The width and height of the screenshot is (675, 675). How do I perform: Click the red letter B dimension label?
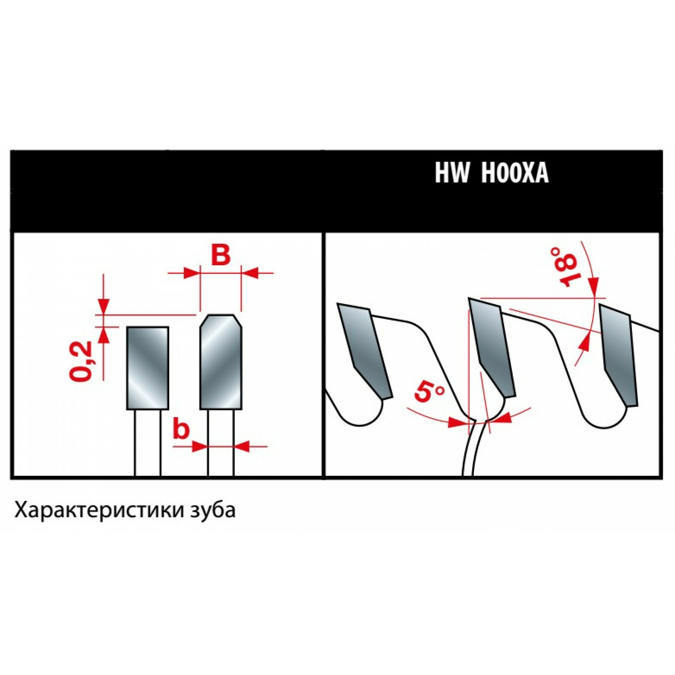(x=221, y=256)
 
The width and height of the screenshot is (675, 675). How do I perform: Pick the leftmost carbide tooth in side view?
(x=365, y=349)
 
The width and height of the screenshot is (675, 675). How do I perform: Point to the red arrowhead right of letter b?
(x=242, y=446)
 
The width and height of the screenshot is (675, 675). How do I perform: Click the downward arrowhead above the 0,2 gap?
(x=104, y=306)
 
